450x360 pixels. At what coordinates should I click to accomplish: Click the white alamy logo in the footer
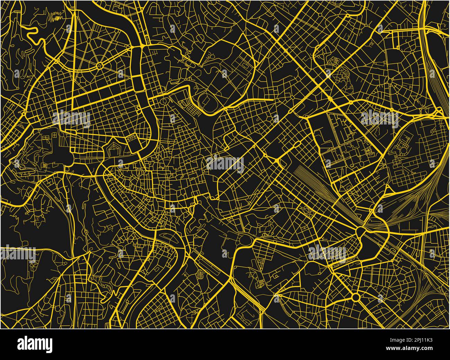point(35,344)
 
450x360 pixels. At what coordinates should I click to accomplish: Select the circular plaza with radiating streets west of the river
point(100,65)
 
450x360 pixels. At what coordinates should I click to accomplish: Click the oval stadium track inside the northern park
point(206,100)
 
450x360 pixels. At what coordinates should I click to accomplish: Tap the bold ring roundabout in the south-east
point(355,297)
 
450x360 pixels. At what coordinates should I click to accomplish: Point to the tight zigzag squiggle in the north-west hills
point(56,15)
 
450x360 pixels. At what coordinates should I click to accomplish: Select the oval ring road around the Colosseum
point(246,239)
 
